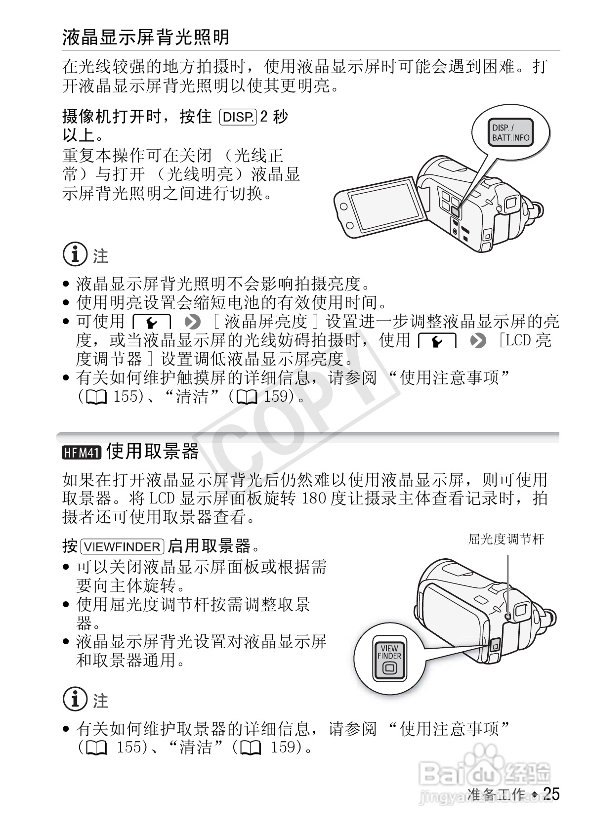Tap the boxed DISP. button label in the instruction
[238, 117]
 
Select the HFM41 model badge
[81, 452]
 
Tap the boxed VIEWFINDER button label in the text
[123, 547]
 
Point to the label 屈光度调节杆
[506, 539]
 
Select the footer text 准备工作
[496, 794]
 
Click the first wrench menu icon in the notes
[152, 322]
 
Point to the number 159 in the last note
[283, 747]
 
